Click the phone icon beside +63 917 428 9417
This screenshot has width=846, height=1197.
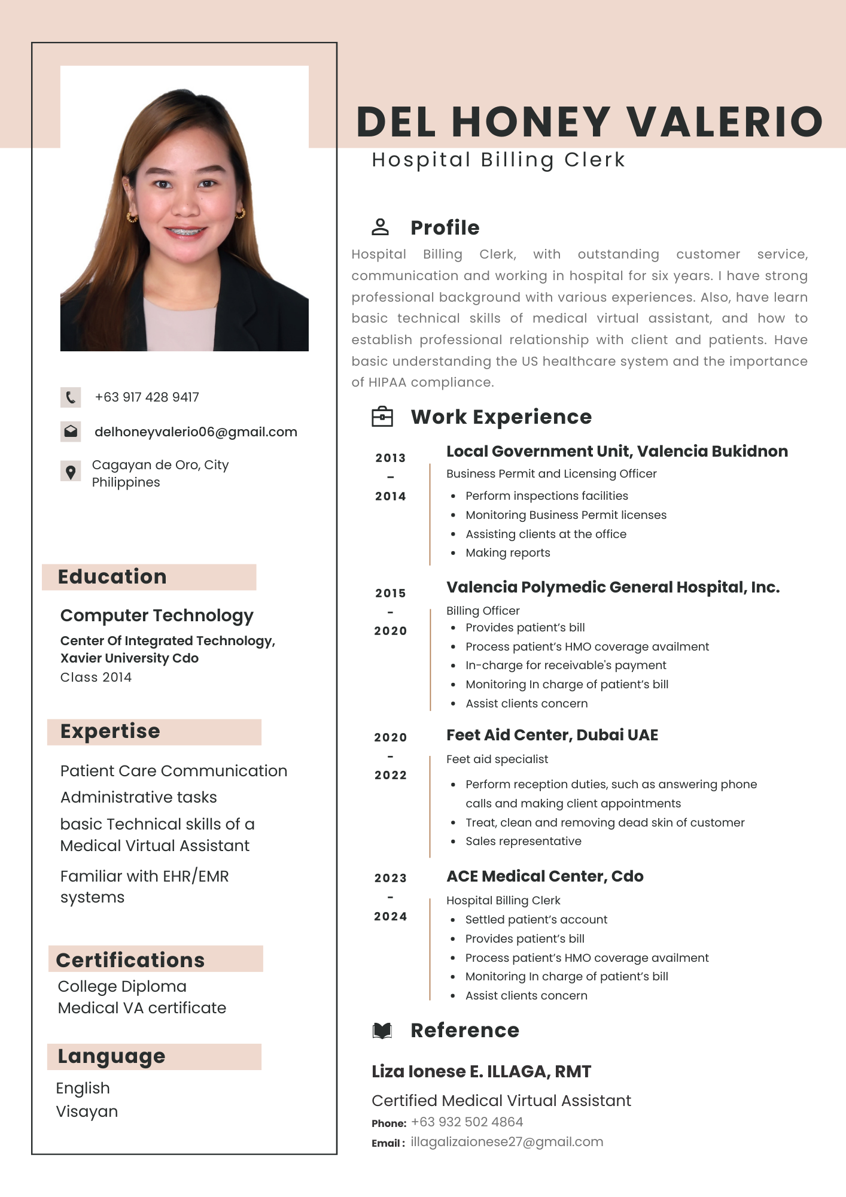pos(71,397)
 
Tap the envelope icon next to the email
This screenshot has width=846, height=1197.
pos(71,432)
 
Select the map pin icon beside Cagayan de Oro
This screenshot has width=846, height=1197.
pos(71,472)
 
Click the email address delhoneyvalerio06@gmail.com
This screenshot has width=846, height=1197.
pos(196,432)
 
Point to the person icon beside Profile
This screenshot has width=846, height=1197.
pos(381,227)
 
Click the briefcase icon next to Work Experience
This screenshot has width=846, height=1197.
pos(382,417)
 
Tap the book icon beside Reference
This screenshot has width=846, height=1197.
pos(382,1030)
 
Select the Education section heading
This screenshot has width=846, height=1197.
pos(112,577)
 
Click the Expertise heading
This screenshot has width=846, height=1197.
pos(110,731)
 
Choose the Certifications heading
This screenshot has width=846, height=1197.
pos(130,960)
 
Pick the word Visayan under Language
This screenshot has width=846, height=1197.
pos(87,1111)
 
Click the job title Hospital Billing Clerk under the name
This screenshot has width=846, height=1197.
pos(498,160)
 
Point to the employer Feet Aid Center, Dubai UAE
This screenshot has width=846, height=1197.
pos(552,735)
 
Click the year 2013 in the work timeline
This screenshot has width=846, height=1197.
pos(391,458)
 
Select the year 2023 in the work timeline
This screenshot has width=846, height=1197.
pos(391,878)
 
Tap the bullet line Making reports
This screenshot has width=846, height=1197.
pos(508,553)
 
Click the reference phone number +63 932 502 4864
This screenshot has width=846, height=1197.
pos(467,1122)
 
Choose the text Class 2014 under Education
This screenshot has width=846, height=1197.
pos(96,678)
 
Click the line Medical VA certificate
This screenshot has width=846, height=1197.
pos(142,1008)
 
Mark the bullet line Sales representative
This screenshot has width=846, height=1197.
pos(524,841)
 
